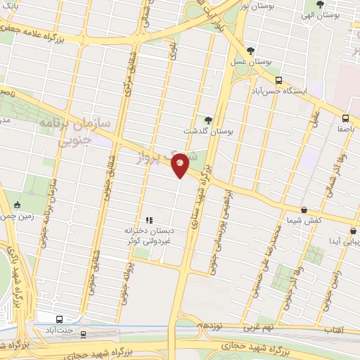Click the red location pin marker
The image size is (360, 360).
point(180,165)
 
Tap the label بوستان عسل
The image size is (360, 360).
point(251,62)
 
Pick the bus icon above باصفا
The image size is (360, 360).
point(345,118)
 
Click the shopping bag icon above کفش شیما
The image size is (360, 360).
point(304,210)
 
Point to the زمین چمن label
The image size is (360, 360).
point(18,217)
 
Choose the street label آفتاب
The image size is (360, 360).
point(334,329)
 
